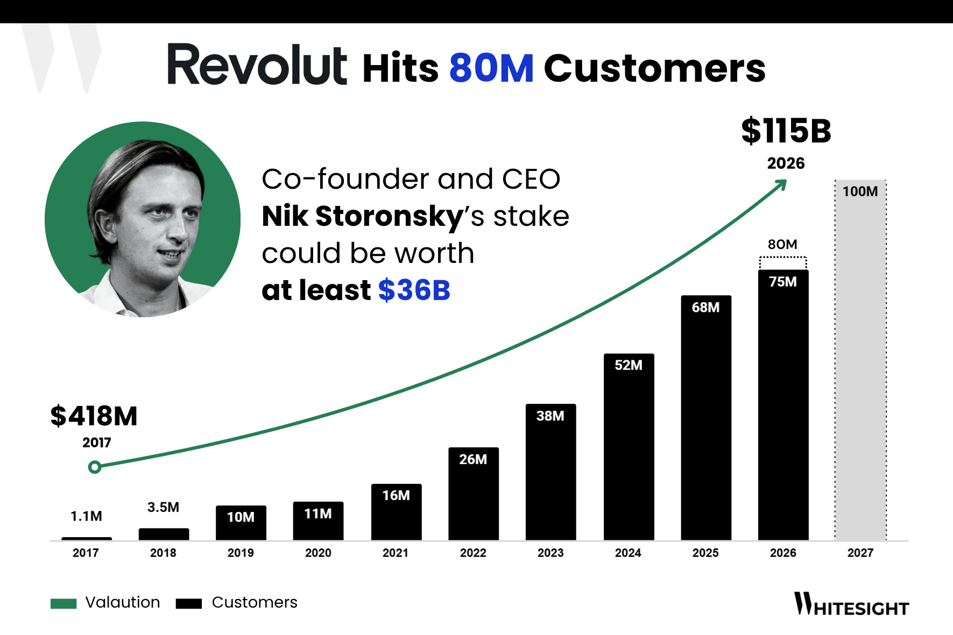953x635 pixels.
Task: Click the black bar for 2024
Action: (629, 447)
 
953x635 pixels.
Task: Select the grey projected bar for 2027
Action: (860, 360)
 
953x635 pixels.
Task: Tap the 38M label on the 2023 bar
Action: (550, 416)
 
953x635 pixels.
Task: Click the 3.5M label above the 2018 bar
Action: (163, 507)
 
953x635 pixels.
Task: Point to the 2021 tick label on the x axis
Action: (396, 553)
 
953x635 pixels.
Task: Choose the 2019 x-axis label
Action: (241, 553)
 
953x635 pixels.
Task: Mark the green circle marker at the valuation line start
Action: (95, 467)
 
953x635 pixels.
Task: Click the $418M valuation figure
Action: (94, 416)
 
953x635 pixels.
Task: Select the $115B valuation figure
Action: (786, 131)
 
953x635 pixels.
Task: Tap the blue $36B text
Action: (414, 290)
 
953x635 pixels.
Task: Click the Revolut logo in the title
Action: (257, 65)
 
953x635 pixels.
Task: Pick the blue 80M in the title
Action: (491, 68)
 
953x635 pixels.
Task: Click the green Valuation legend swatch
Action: (63, 603)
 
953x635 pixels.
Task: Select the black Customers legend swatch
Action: (189, 603)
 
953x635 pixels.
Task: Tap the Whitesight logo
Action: (852, 604)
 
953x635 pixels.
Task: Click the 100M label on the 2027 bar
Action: (860, 191)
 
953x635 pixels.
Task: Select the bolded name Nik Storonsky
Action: (362, 217)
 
